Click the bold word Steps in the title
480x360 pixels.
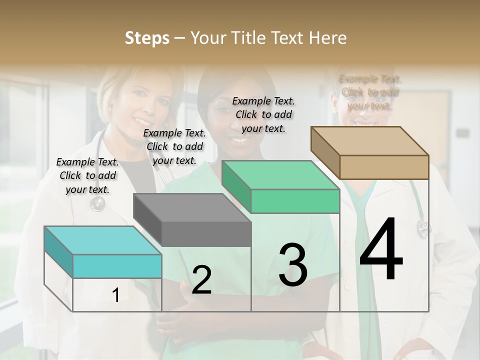coord(146,38)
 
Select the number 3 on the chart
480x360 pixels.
coord(293,265)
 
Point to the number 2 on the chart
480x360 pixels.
coord(201,279)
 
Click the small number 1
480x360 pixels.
coord(115,295)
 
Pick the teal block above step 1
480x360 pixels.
coord(117,265)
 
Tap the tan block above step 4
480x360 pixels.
coord(384,166)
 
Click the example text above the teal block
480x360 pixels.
coord(87,175)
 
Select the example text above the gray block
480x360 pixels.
coord(174,146)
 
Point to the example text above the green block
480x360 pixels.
coord(263,114)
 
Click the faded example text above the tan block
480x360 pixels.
coord(370,92)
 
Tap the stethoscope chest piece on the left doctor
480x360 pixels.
coord(97,203)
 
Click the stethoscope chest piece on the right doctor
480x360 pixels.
coord(423,228)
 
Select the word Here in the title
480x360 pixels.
coord(328,38)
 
